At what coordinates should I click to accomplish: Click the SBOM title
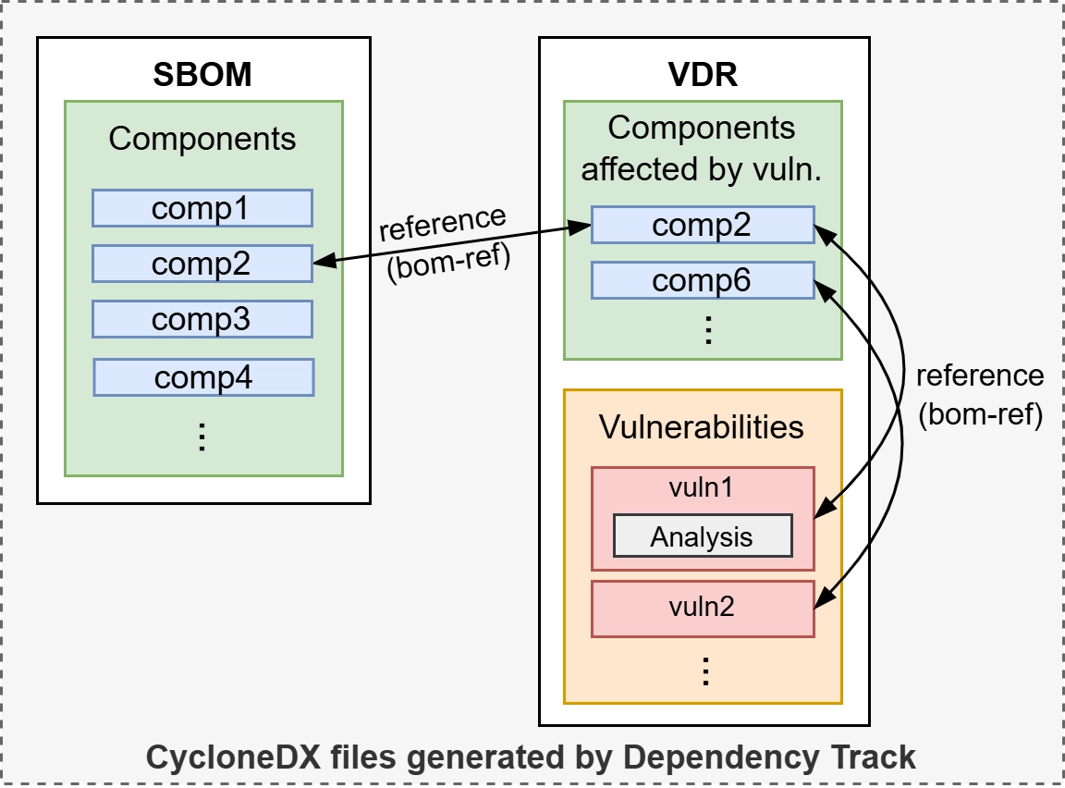pyautogui.click(x=202, y=74)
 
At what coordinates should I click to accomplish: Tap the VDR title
pyautogui.click(x=703, y=74)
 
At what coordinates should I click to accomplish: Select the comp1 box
pyautogui.click(x=202, y=208)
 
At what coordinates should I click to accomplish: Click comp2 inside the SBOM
pyautogui.click(x=202, y=264)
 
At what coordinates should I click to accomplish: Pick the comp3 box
pyautogui.click(x=202, y=319)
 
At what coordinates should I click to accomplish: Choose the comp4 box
pyautogui.click(x=203, y=376)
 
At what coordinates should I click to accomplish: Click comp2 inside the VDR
pyautogui.click(x=702, y=225)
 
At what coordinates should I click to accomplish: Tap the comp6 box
pyautogui.click(x=702, y=280)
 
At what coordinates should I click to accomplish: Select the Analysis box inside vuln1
pyautogui.click(x=702, y=536)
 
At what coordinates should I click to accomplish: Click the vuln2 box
pyautogui.click(x=702, y=608)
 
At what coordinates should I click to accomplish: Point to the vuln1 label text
pyautogui.click(x=702, y=487)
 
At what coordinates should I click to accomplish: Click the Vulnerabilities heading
pyautogui.click(x=702, y=427)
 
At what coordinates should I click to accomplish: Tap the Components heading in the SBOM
pyautogui.click(x=202, y=139)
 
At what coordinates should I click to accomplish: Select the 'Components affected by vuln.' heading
pyautogui.click(x=702, y=148)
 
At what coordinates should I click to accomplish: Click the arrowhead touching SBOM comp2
pyautogui.click(x=321, y=264)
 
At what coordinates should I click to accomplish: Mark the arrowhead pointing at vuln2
pyautogui.click(x=822, y=604)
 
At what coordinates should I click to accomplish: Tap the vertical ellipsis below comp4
pyautogui.click(x=202, y=437)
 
